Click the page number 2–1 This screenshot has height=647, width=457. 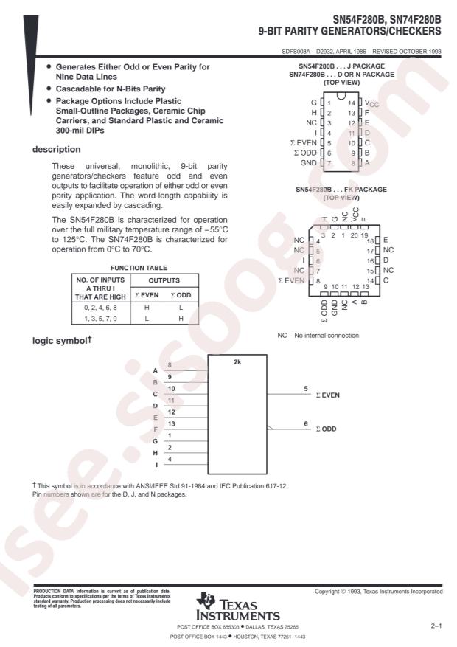pos(436,625)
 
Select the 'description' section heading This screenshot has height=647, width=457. pos(56,149)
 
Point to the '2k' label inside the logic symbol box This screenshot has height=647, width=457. pos(237,364)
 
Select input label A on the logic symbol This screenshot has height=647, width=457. pos(155,370)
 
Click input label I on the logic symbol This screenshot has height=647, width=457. pos(155,464)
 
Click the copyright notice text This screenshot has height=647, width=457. pos(379,592)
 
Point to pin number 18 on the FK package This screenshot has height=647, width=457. pos(370,241)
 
